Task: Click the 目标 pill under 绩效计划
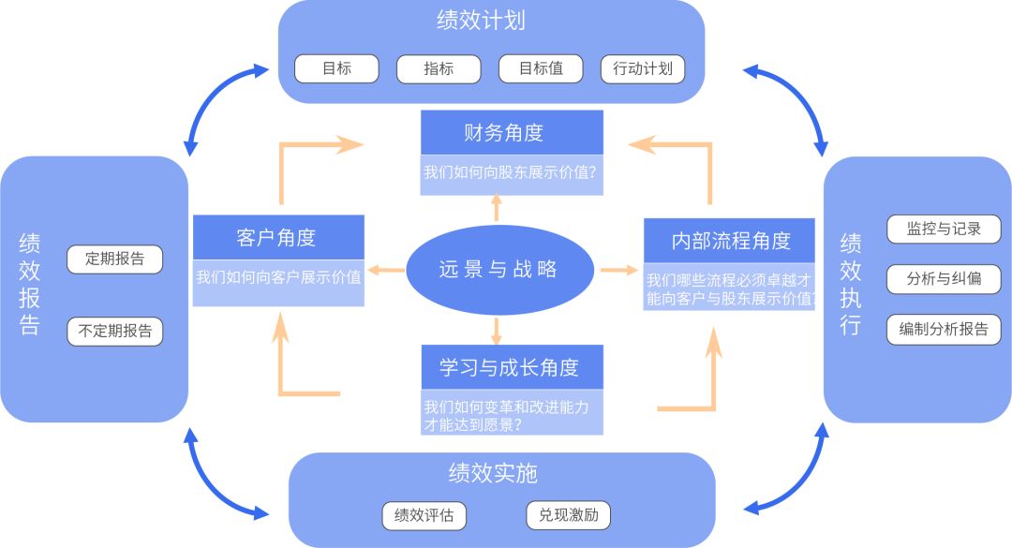pos(336,68)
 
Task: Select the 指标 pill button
pos(439,68)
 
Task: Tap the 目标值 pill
pos(541,68)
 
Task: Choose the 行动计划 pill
pos(643,68)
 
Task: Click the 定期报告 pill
pos(114,259)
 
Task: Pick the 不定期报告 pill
pos(114,331)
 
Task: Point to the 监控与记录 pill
pos(944,229)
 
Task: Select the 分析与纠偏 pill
pos(944,279)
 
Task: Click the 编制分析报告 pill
pos(944,329)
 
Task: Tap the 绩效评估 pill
pos(424,515)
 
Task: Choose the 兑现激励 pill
pos(568,515)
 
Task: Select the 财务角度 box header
pos(511,133)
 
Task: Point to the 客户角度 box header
pos(277,237)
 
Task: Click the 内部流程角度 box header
pos(729,240)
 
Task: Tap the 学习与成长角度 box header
pos(511,367)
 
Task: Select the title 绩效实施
pos(493,473)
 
